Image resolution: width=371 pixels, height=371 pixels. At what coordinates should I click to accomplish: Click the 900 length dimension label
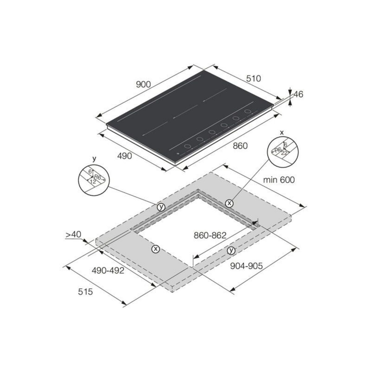[x=143, y=84]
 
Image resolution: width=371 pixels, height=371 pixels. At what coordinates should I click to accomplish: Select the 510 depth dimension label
[x=254, y=79]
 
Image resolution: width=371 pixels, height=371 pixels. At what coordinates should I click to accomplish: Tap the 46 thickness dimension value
[x=298, y=94]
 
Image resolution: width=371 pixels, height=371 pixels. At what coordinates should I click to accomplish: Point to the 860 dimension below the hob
[x=240, y=146]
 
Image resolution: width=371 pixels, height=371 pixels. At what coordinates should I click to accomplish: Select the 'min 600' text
[x=279, y=179]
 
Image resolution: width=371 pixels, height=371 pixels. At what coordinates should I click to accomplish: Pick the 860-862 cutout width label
[x=210, y=235]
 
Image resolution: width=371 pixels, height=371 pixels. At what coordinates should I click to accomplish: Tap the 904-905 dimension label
[x=246, y=266]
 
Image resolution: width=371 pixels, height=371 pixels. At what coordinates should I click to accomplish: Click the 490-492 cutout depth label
[x=108, y=271]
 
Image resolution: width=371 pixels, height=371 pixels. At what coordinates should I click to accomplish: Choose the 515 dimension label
[x=85, y=291]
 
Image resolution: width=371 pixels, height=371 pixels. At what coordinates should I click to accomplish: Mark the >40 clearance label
[x=73, y=235]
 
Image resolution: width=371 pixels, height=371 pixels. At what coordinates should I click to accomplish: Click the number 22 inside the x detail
[x=284, y=153]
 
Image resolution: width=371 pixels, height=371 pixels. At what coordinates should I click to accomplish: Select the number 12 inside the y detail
[x=92, y=182]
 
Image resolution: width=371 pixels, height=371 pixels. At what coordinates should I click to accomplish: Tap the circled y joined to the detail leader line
[x=161, y=207]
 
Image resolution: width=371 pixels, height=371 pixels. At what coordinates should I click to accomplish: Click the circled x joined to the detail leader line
[x=229, y=203]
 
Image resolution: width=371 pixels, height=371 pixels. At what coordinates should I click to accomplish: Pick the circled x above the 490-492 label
[x=155, y=249]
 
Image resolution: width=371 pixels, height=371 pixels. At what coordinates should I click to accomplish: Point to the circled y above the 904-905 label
[x=231, y=251]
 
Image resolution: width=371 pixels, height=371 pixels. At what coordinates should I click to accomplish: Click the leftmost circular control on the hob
[x=187, y=147]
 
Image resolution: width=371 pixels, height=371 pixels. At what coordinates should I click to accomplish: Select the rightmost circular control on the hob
[x=247, y=111]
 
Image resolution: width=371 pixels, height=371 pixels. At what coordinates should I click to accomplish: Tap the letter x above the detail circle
[x=281, y=132]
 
